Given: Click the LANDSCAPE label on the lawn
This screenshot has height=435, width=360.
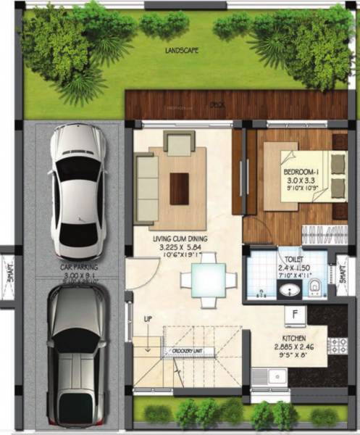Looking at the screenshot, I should pos(181,51).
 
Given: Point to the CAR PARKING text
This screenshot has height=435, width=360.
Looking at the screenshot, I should pos(79,268).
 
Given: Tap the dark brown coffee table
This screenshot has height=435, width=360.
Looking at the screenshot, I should pos(178,188).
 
